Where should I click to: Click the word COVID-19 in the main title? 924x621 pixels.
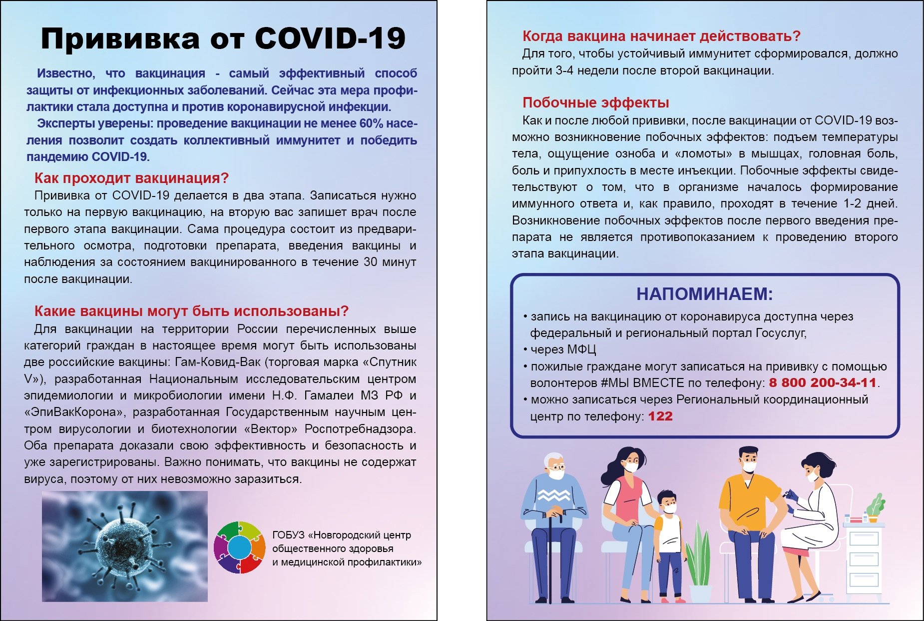330,39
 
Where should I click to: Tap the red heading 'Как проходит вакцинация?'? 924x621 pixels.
131,178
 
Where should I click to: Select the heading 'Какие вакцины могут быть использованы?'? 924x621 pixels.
191,311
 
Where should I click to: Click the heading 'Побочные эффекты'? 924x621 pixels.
595,102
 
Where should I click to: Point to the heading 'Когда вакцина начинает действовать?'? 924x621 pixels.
661,36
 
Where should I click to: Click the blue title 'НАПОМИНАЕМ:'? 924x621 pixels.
704,294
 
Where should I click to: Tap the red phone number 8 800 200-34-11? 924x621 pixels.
823,383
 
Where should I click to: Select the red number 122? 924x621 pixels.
660,416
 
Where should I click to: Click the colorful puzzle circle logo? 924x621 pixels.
239,547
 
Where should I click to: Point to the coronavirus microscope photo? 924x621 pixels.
124,546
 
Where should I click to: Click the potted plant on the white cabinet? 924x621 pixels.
874,507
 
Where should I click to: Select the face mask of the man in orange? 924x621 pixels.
749,467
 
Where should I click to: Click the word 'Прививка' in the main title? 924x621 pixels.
120,39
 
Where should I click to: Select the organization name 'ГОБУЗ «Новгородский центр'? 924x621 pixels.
341,535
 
